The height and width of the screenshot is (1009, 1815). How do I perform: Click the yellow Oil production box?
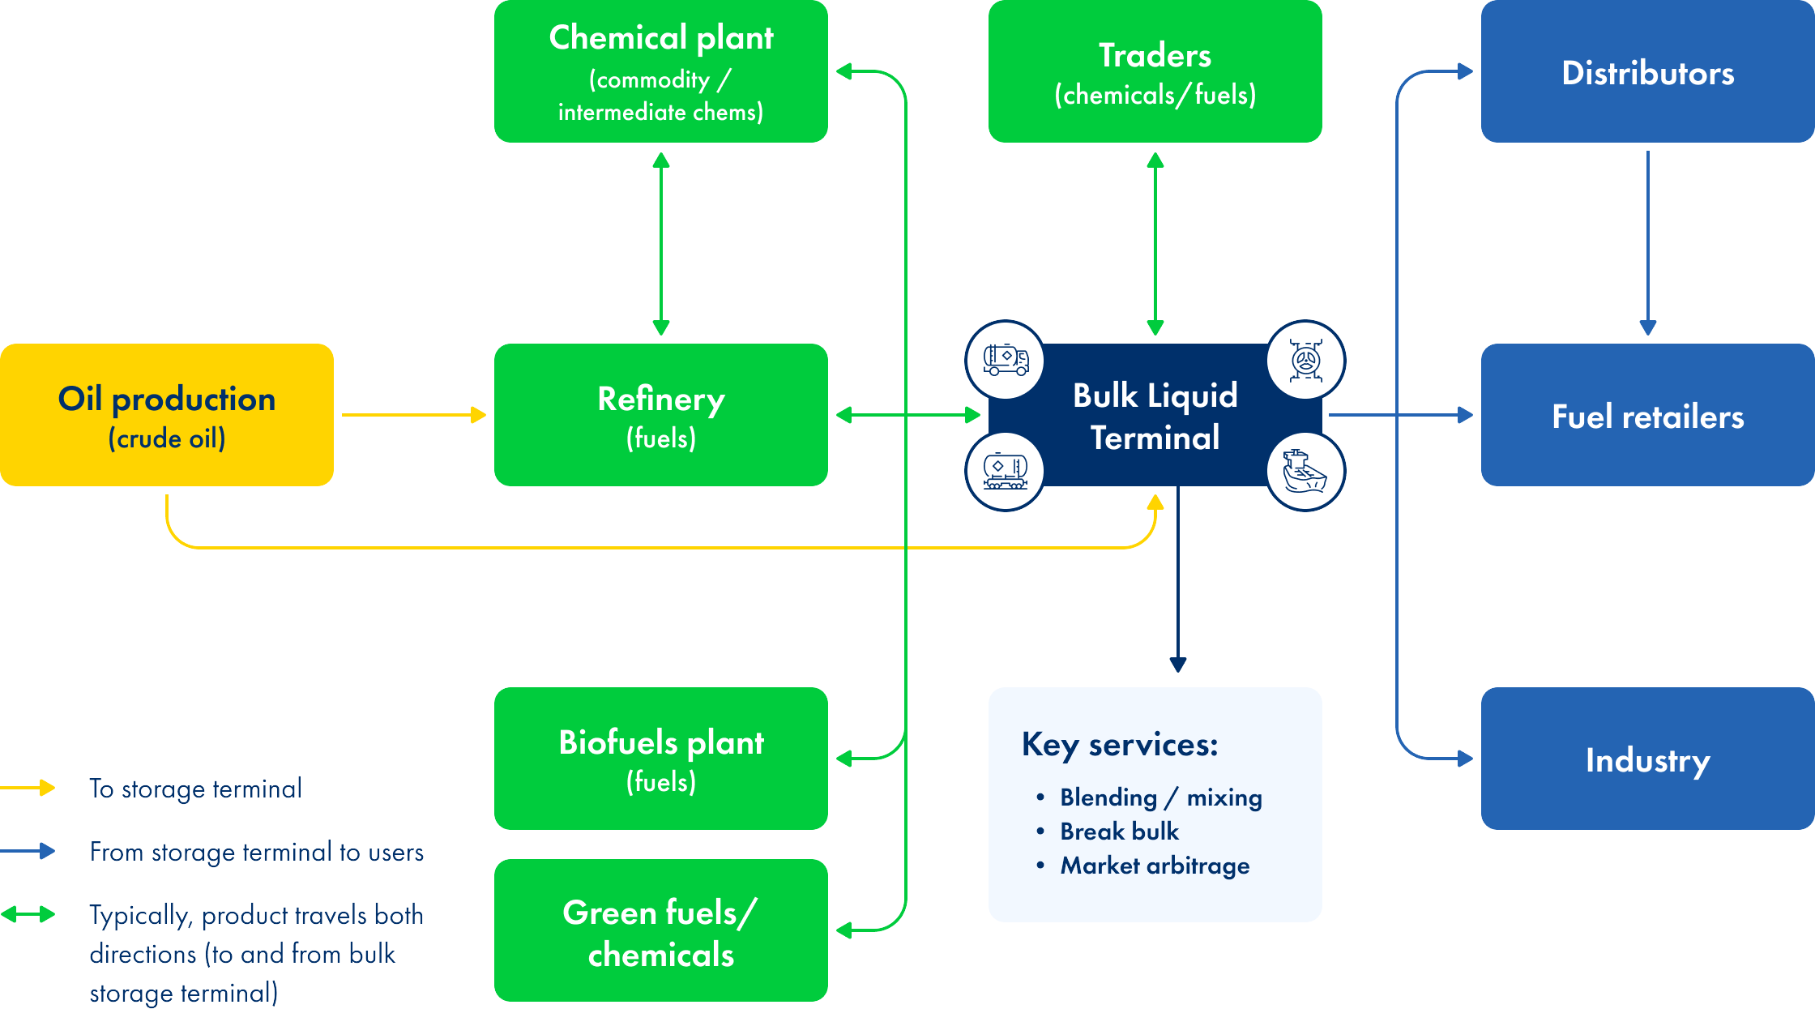(167, 415)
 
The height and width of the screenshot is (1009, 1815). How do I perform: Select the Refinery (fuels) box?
(661, 415)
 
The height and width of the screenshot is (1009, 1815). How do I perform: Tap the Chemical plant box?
(661, 71)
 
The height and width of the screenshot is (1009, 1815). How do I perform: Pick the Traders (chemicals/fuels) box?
(1155, 71)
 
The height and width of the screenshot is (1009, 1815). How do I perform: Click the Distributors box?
(1647, 71)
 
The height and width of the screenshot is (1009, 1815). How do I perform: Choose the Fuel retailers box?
(1647, 415)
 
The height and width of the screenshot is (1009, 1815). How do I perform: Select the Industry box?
(1647, 759)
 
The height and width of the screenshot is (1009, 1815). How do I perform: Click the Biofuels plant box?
(661, 759)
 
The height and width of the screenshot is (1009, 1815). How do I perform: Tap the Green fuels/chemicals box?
(661, 930)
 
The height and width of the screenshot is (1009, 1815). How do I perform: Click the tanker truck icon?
(1006, 360)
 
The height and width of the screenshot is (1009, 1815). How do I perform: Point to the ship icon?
(1305, 472)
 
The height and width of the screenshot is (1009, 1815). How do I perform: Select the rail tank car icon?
(1006, 472)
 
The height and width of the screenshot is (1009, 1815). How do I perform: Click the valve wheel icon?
(1305, 360)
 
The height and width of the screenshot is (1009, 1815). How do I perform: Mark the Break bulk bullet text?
(1119, 832)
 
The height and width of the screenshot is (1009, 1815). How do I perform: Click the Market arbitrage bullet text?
(1155, 866)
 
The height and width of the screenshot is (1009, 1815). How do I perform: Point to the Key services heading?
(1120, 744)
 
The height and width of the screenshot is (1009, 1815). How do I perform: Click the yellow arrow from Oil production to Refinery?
(413, 415)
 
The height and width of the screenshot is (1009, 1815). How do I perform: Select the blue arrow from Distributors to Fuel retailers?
(1647, 243)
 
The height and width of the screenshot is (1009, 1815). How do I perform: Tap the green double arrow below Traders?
(1155, 243)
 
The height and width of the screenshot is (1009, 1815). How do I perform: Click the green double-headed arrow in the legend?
(28, 915)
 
